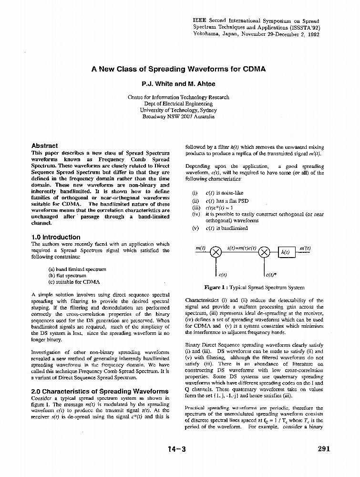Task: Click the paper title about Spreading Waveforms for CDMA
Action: [178, 69]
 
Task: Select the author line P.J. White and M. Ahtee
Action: [178, 84]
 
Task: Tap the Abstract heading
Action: [44, 146]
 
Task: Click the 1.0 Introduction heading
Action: [56, 237]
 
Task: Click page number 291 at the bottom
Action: [323, 449]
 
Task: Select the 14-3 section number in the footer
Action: [176, 449]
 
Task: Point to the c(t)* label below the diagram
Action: [270, 275]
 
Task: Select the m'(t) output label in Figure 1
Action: [305, 248]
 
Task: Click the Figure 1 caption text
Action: [254, 288]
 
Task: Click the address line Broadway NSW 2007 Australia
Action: [178, 116]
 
